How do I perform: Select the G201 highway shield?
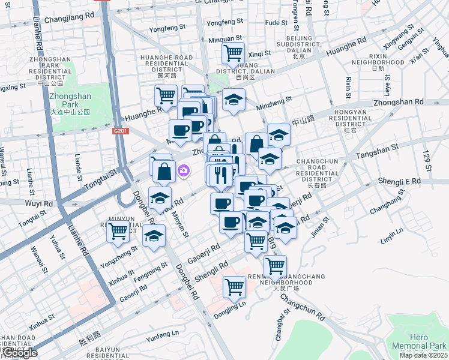(x=121, y=130)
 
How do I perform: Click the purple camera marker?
(x=184, y=172)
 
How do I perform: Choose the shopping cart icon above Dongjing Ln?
(x=234, y=286)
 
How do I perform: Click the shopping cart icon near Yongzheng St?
(x=118, y=230)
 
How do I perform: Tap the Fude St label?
(x=277, y=23)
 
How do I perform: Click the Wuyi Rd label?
(x=40, y=203)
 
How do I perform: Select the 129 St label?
(x=427, y=161)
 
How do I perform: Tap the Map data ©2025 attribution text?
(x=423, y=355)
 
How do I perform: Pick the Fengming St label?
(x=150, y=271)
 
